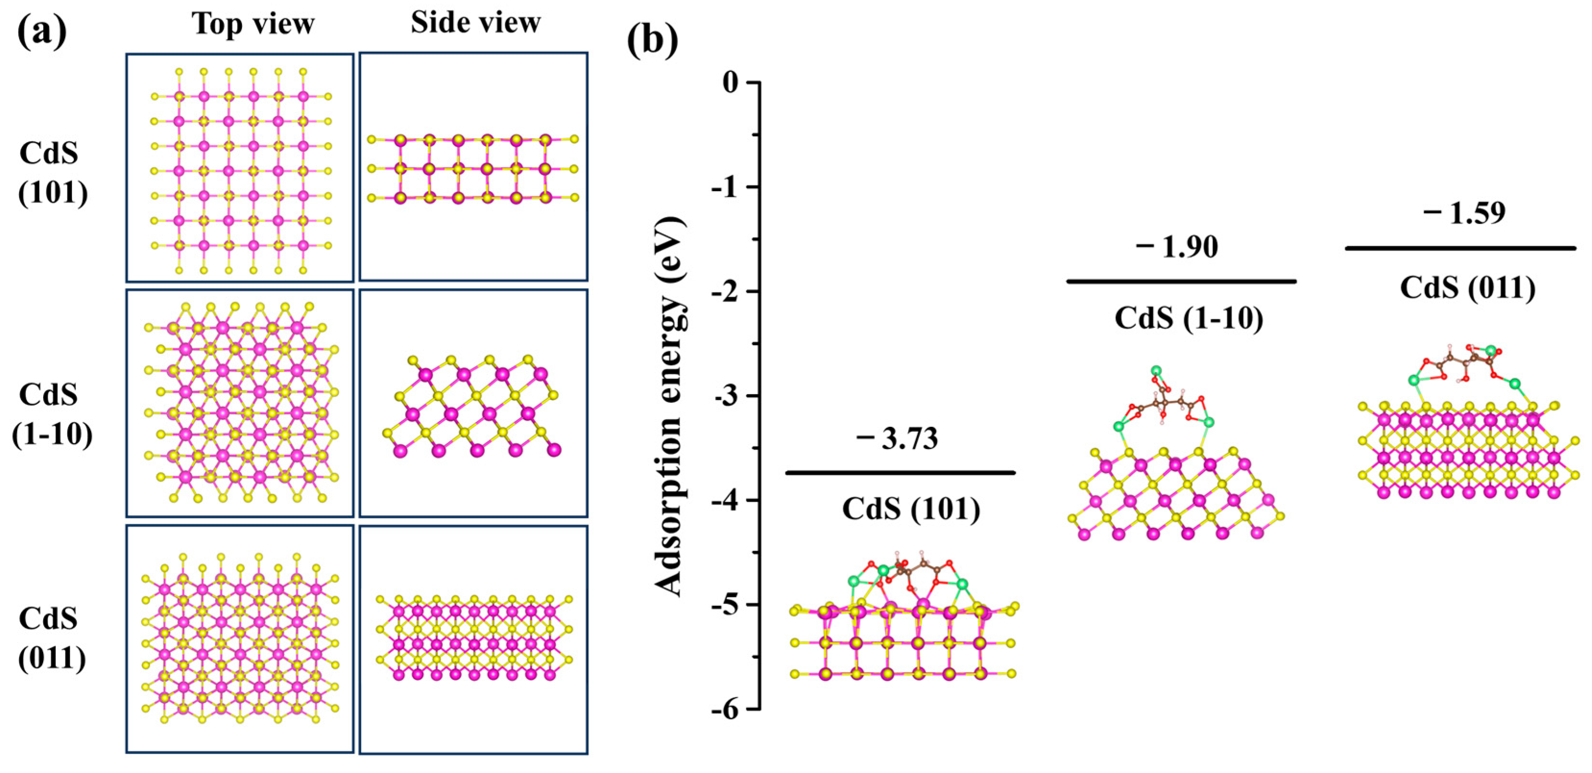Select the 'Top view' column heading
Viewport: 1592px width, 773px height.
click(253, 24)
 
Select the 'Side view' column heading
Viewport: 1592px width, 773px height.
click(475, 23)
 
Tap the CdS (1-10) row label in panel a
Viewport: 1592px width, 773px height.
click(51, 414)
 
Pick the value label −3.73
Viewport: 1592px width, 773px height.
click(898, 438)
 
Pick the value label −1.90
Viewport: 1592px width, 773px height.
click(1177, 247)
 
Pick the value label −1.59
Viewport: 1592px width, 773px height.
click(1465, 213)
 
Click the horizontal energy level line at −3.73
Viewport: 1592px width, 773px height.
click(900, 473)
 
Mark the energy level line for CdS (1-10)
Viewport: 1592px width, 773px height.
click(1181, 282)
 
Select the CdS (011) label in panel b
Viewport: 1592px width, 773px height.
click(1467, 288)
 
